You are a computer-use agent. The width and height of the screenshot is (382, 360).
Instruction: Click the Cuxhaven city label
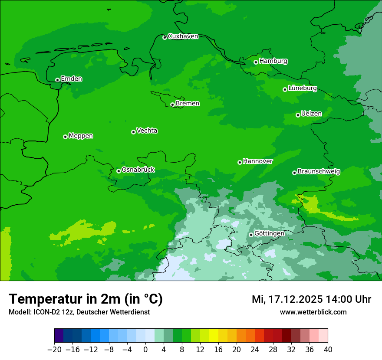[x=183, y=36]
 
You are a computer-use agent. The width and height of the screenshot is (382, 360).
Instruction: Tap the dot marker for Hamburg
[x=256, y=62]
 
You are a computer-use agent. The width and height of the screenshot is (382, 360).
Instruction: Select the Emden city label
[x=71, y=79]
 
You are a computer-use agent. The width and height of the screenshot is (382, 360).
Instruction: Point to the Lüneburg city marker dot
[x=285, y=89]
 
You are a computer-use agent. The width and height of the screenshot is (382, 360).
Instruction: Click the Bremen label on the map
[x=188, y=104]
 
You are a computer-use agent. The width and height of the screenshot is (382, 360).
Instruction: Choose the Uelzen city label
[x=311, y=114]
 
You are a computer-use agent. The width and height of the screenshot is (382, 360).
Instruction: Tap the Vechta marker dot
[x=133, y=132]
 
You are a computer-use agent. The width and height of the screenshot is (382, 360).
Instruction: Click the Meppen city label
[x=81, y=136]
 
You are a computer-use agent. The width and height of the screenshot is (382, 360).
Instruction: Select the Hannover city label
[x=258, y=161]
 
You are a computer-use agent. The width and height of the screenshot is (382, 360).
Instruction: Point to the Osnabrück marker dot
[x=119, y=171]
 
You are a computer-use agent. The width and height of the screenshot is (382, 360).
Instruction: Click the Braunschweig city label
[x=319, y=172]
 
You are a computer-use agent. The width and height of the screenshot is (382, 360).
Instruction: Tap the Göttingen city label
[x=269, y=234]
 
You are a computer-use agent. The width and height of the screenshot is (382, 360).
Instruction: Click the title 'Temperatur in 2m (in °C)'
[x=86, y=299]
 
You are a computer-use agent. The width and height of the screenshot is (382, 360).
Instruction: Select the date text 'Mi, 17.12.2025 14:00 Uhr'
[x=311, y=299]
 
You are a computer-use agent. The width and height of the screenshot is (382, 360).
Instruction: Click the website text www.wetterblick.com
[x=313, y=312]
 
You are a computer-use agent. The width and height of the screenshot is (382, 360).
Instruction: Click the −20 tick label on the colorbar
[x=54, y=350]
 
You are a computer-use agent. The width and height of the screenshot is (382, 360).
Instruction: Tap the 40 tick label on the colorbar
[x=328, y=350]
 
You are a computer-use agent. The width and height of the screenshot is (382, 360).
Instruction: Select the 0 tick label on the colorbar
[x=145, y=350]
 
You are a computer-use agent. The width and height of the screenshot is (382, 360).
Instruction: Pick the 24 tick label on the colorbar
[x=255, y=350]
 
